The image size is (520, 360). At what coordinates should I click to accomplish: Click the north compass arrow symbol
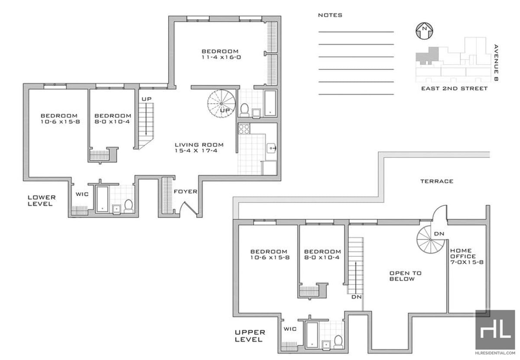tap(424, 31)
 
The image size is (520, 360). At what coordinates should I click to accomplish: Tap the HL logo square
tap(495, 330)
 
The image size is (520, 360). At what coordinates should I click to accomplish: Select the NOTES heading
tap(330, 15)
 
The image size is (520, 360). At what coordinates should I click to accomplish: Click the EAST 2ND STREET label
tap(454, 88)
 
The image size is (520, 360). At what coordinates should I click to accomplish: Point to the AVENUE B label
tap(496, 63)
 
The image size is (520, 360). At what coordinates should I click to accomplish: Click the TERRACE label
tap(437, 181)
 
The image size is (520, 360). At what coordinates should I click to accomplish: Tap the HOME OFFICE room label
tap(463, 253)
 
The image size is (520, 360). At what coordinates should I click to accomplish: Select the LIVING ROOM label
tap(199, 145)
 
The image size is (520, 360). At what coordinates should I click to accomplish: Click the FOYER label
tap(185, 192)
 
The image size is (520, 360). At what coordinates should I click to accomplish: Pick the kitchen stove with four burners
tap(244, 129)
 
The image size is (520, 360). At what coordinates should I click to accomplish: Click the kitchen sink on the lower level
tap(271, 148)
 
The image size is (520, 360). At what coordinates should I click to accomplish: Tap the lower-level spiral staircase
tap(221, 104)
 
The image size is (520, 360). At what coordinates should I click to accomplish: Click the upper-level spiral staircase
tap(431, 239)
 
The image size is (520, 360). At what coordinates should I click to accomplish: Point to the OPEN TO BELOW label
tap(405, 276)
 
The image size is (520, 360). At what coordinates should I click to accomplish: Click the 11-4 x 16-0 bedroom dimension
tap(221, 57)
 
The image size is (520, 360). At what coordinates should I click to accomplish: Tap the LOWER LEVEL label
tap(42, 200)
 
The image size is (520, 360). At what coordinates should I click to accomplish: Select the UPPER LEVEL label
tap(250, 336)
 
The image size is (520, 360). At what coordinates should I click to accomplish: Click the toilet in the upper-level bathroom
tap(338, 341)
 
